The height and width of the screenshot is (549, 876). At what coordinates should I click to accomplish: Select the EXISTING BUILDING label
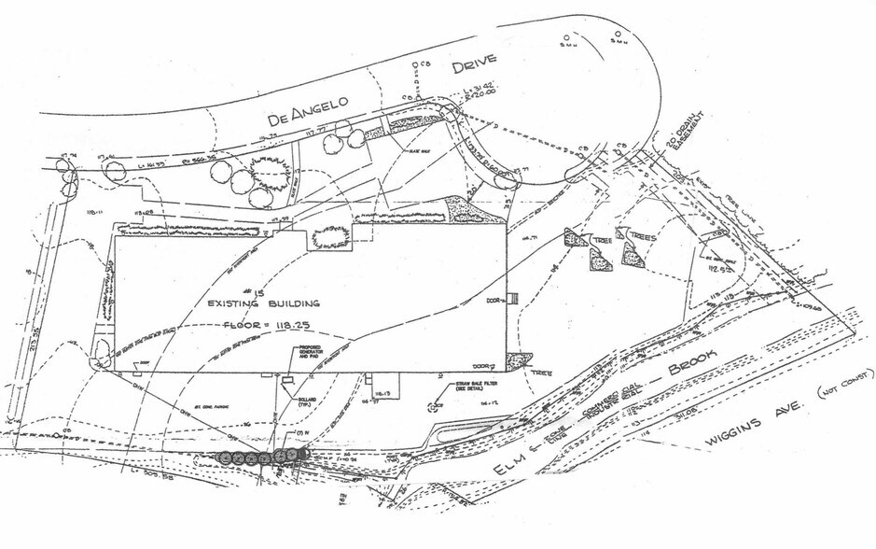[263, 304]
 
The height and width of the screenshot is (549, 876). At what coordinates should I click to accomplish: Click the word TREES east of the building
[642, 238]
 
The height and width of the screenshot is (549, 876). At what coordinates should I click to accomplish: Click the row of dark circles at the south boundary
[261, 457]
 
